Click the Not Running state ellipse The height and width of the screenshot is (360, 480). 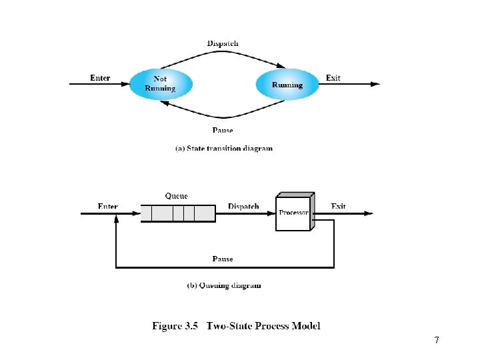160,84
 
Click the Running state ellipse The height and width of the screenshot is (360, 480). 287,85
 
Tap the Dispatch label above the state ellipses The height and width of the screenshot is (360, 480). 223,43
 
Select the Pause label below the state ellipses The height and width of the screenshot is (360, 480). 223,130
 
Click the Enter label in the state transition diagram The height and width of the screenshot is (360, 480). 100,78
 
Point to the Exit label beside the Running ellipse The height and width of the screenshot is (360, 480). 333,78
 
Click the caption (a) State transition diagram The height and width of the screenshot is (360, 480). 223,148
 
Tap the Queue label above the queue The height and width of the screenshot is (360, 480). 177,196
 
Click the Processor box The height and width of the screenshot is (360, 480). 293,213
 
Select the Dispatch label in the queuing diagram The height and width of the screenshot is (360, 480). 243,207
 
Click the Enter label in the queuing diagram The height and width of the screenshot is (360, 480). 107,207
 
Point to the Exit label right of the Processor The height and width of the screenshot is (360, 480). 339,207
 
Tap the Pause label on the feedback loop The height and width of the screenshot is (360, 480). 223,259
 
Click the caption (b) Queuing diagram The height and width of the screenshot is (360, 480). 223,285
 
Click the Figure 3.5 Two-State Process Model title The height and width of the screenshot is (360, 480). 237,326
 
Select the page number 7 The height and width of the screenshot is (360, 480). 436,341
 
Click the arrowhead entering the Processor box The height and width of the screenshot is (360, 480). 272,213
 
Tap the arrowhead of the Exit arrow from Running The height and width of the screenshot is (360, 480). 375,84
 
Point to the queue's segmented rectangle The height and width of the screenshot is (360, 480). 178,213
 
